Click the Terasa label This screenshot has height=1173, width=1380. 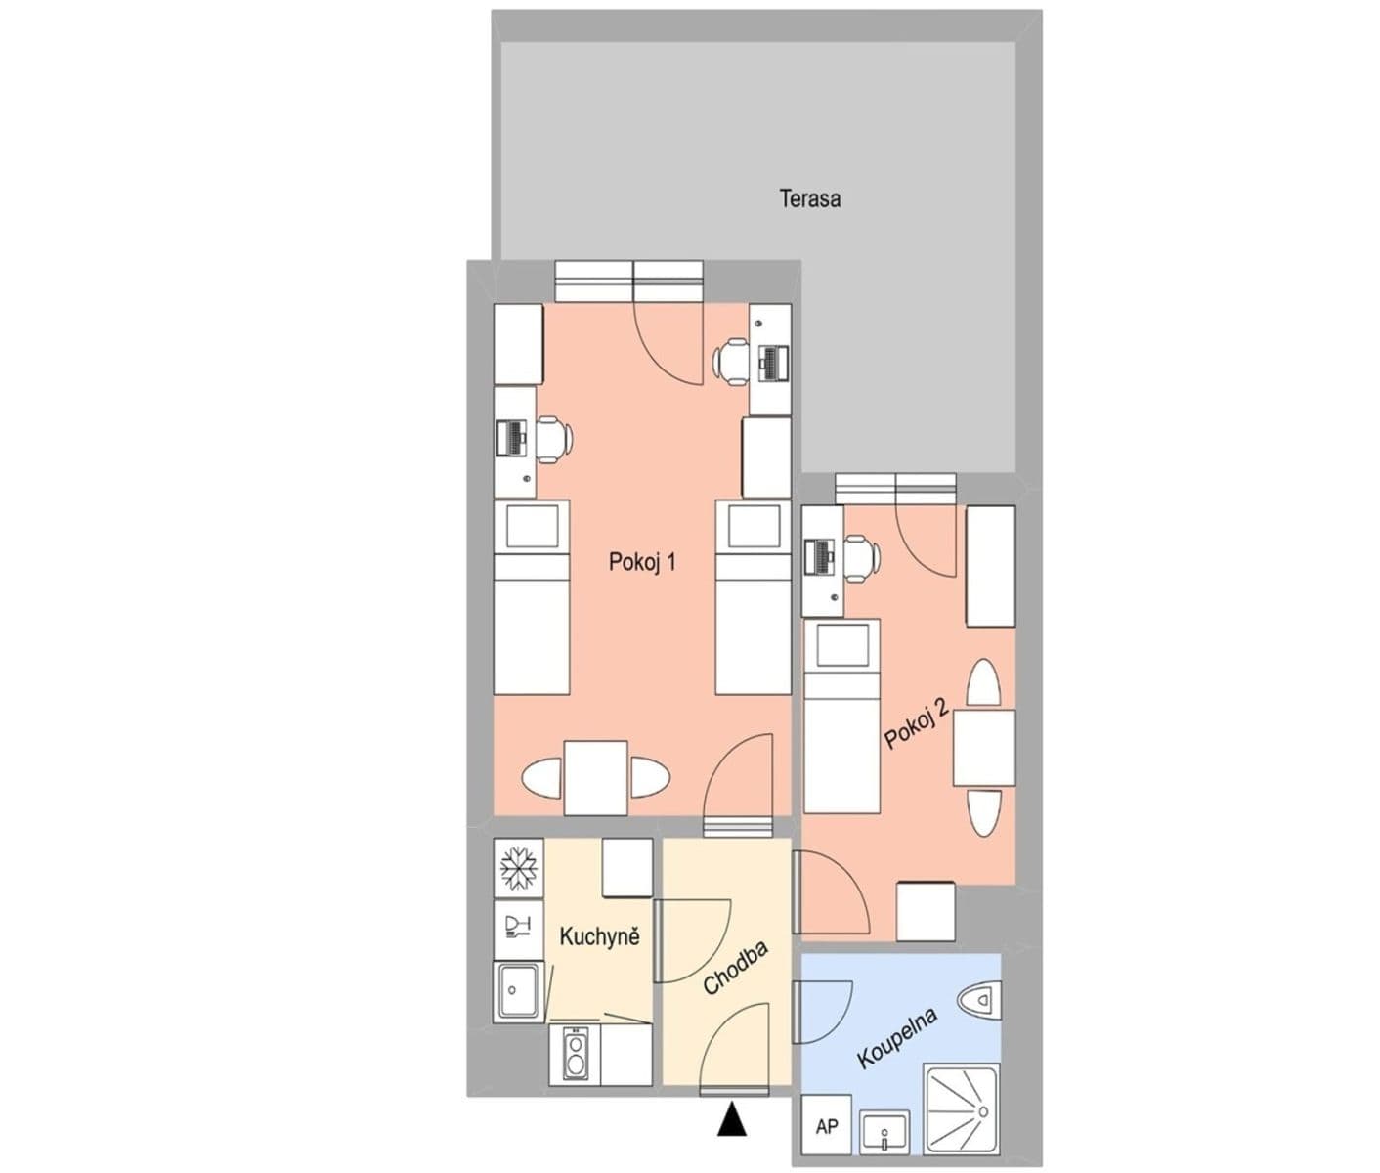click(x=809, y=198)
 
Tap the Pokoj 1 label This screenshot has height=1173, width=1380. click(x=642, y=562)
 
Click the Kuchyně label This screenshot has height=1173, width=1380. click(x=599, y=936)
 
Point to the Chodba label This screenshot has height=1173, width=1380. click(x=736, y=969)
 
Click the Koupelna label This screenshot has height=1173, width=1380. click(x=896, y=1038)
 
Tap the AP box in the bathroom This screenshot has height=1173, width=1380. click(x=827, y=1127)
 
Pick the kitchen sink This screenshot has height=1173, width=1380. click(x=519, y=990)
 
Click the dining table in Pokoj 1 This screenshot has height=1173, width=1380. click(x=595, y=778)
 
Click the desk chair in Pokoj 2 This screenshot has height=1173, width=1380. click(x=860, y=558)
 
